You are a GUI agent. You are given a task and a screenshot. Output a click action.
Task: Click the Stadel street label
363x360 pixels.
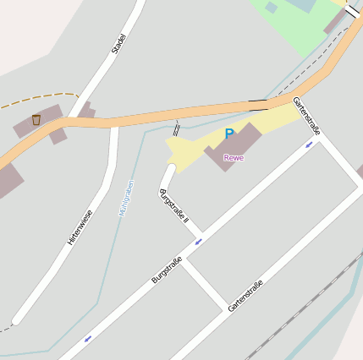pyautogui.click(x=118, y=44)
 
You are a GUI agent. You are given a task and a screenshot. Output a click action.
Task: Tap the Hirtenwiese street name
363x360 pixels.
pyautogui.click(x=80, y=228)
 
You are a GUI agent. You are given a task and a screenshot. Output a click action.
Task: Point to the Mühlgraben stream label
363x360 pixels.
pyautogui.click(x=126, y=198)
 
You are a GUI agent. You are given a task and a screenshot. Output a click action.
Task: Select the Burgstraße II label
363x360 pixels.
pyautogui.click(x=174, y=205)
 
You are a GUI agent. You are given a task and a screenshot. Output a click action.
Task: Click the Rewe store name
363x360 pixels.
pyautogui.click(x=233, y=158)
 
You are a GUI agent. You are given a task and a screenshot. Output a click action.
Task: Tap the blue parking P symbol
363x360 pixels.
pyautogui.click(x=229, y=134)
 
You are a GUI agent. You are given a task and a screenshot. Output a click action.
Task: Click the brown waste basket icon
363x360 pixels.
pyautogui.click(x=36, y=120)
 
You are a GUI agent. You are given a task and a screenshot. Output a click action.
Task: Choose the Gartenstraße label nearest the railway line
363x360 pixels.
pyautogui.click(x=245, y=296)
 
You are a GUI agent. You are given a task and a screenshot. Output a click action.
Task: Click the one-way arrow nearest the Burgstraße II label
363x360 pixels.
pyautogui.click(x=199, y=242)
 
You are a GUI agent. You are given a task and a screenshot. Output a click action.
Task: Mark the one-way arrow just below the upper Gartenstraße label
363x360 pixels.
pyautogui.click(x=309, y=145)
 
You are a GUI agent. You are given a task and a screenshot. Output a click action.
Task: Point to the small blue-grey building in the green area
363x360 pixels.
pyautogui.click(x=271, y=8)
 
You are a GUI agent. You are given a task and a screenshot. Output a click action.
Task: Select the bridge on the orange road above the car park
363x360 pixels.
pyautogui.click(x=258, y=105)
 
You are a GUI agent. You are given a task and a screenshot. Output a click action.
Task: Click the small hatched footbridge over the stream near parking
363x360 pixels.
pyautogui.click(x=176, y=128)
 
